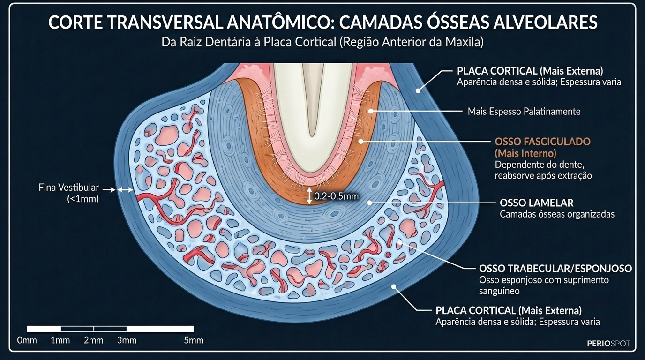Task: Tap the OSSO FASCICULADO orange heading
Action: click(543, 141)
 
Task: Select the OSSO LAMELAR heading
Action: click(537, 203)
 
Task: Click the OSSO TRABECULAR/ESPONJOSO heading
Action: click(555, 269)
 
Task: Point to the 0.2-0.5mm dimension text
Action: click(336, 196)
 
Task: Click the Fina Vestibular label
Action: click(69, 187)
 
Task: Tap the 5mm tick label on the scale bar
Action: click(194, 340)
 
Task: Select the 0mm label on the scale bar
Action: click(27, 340)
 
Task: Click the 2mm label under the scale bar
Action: click(94, 340)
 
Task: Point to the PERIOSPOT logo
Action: click(608, 344)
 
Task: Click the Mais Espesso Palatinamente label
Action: click(524, 112)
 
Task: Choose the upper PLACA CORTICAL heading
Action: click(530, 71)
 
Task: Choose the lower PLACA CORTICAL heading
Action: click(509, 310)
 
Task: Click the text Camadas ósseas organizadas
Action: click(557, 214)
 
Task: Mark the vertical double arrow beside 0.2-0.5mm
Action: click(309, 196)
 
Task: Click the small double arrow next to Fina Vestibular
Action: click(125, 190)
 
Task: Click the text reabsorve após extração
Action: click(543, 176)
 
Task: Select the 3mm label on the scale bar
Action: click(127, 340)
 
